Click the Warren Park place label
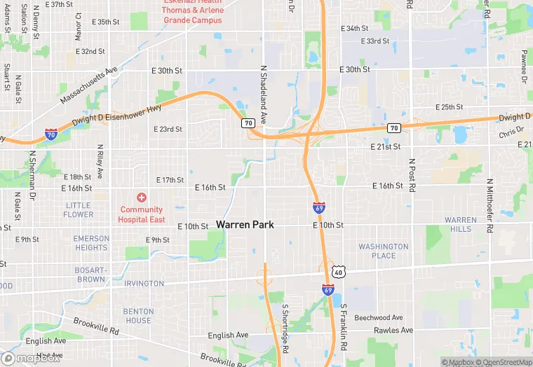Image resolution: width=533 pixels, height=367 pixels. tap(245, 225)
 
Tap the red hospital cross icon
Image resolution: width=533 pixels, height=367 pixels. tap(142, 198)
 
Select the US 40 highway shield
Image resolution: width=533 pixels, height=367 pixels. tap(339, 271)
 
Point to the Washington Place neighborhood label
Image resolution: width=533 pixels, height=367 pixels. tap(383, 251)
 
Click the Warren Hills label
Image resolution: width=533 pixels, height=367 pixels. tap(461, 225)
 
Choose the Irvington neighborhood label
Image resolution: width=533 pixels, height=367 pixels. tap(143, 284)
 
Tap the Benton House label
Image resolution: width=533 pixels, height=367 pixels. tap(138, 316)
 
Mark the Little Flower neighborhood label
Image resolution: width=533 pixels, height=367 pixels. tap(78, 210)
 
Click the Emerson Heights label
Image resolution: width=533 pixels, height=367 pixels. tap(91, 243)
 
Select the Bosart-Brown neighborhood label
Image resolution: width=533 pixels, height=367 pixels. tap(91, 275)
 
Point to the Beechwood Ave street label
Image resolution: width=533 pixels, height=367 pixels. tap(379, 318)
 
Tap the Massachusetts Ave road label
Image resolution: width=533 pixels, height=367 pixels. tap(89, 86)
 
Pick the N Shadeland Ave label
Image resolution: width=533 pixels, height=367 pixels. tap(264, 94)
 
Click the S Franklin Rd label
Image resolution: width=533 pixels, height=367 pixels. tap(344, 323)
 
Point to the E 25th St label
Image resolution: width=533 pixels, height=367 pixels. tap(449, 107)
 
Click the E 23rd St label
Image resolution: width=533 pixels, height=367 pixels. tap(168, 130)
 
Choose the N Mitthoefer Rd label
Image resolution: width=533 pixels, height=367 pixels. tap(489, 198)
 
